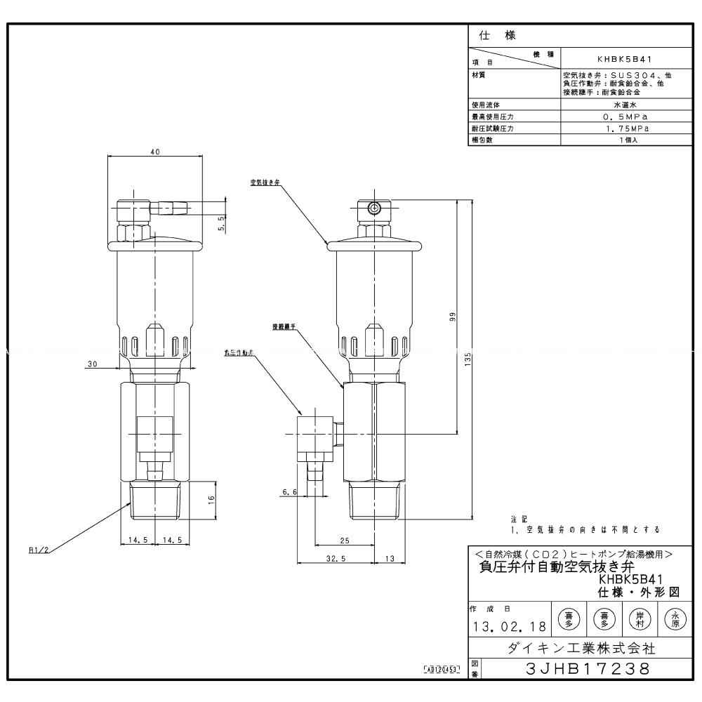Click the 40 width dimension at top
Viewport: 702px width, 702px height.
point(155,151)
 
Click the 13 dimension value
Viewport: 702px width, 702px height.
point(390,559)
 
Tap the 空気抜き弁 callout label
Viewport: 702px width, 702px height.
point(260,183)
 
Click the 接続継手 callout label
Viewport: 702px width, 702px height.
point(283,326)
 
